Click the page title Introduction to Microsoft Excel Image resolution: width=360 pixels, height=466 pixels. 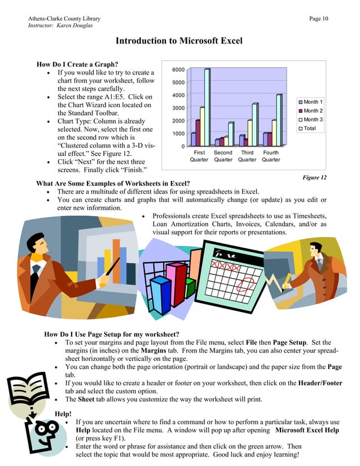(x=179, y=41)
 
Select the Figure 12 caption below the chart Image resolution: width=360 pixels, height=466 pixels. (x=315, y=178)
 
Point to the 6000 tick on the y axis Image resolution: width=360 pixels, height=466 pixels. (x=178, y=69)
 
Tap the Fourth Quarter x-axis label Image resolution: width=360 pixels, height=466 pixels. (x=271, y=156)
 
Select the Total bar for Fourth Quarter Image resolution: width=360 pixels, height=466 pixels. (x=279, y=120)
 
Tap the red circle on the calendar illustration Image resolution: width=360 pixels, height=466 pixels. (x=246, y=282)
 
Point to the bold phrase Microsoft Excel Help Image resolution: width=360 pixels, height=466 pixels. (x=307, y=430)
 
